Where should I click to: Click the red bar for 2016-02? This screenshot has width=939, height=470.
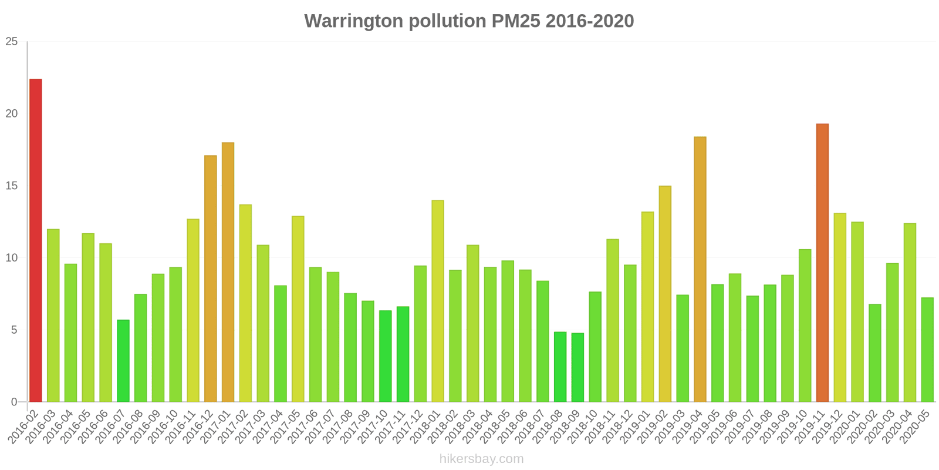point(36,240)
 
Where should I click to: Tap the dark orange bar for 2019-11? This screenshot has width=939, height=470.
point(822,263)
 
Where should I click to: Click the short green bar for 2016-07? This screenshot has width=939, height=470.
point(123,361)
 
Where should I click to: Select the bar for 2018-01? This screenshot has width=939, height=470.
point(438,301)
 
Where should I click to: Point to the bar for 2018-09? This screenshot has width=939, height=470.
point(577,367)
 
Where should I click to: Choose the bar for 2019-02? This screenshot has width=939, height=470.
point(665,294)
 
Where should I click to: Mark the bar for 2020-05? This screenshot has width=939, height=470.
point(927,350)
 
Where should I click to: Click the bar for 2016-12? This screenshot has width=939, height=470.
point(211,278)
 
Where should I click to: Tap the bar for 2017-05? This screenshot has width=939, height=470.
point(298,309)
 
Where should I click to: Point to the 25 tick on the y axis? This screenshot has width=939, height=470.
point(12,42)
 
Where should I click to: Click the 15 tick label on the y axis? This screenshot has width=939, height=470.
point(12,186)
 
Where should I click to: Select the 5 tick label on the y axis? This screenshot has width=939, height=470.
point(15,330)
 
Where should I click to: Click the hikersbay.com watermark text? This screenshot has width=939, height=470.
point(481,458)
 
